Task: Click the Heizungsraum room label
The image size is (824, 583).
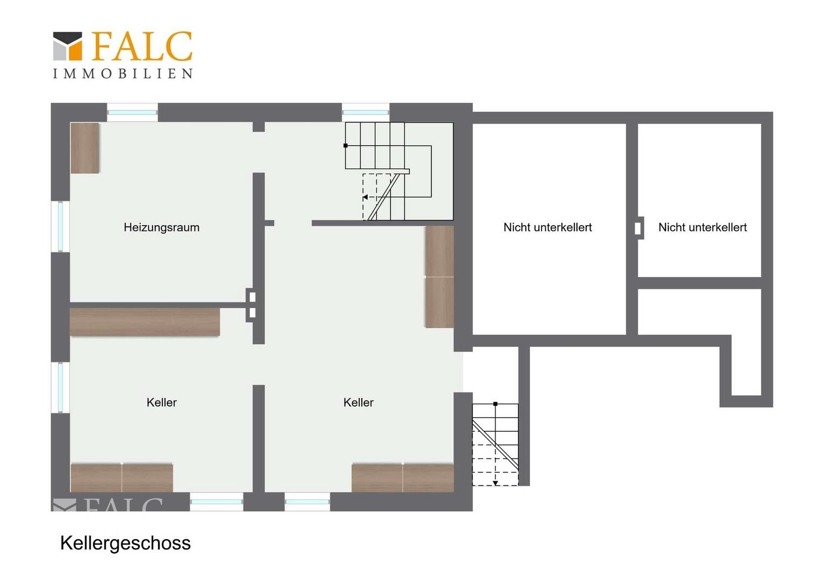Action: click(161, 227)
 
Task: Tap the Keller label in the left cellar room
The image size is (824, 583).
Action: click(161, 402)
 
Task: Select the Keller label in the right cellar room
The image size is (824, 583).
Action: click(358, 402)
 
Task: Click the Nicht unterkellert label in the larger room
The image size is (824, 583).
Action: click(547, 227)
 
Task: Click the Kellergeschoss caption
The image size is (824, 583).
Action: click(126, 543)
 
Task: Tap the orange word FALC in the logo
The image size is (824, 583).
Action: click(142, 46)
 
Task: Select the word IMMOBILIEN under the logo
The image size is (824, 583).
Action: click(122, 73)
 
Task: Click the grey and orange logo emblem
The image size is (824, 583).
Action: click(68, 46)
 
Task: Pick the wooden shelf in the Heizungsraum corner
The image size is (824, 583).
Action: click(85, 148)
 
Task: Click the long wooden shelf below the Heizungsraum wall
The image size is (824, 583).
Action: click(145, 322)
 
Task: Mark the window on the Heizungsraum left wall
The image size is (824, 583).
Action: click(60, 227)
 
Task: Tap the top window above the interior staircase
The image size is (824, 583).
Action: click(365, 112)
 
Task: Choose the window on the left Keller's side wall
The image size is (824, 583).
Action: click(60, 388)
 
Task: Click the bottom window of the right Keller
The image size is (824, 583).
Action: click(307, 501)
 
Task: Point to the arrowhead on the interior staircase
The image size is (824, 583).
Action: click(365, 198)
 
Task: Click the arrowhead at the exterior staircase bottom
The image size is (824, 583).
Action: click(496, 483)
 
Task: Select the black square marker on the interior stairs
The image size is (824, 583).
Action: click(346, 145)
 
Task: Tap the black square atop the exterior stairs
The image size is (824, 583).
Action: click(496, 404)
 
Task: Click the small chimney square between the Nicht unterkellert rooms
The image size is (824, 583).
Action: click(638, 228)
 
